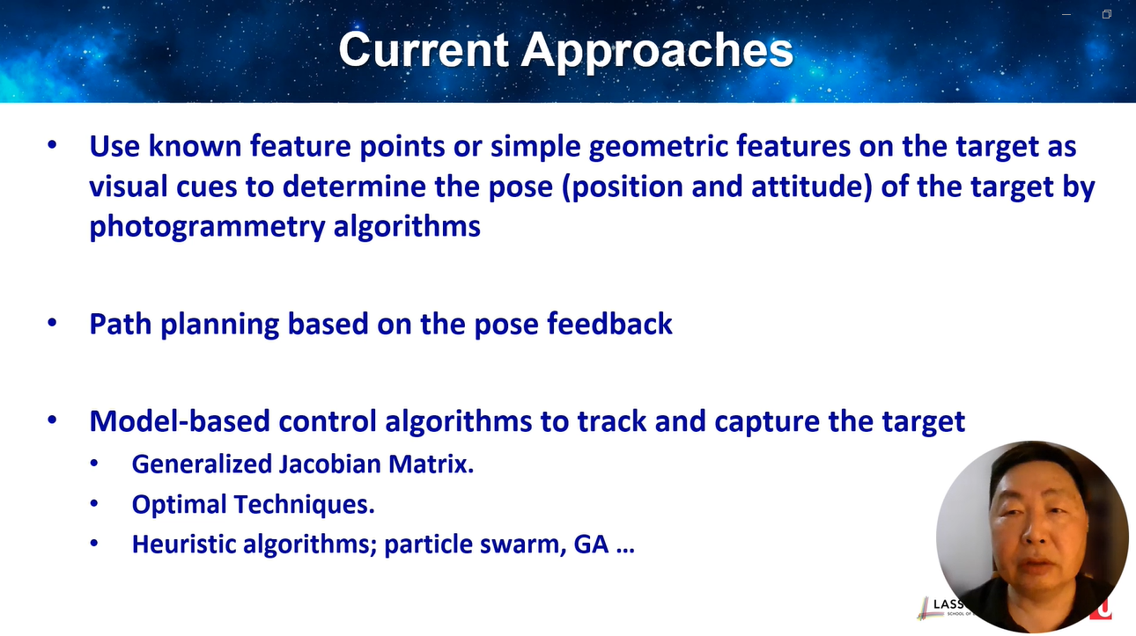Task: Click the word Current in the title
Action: pyautogui.click(x=424, y=49)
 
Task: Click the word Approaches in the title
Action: pyautogui.click(x=657, y=52)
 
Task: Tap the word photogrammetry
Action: pyautogui.click(x=207, y=227)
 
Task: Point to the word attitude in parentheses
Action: pyautogui.click(x=811, y=186)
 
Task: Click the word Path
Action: pyautogui.click(x=120, y=324)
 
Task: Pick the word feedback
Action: pyautogui.click(x=609, y=324)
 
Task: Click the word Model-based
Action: pyautogui.click(x=179, y=421)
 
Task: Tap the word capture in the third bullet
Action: pyautogui.click(x=767, y=422)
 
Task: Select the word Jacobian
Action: pyautogui.click(x=329, y=464)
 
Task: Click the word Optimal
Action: pyautogui.click(x=179, y=505)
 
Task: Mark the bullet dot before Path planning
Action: pyautogui.click(x=52, y=323)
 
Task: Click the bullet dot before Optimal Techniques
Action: pyautogui.click(x=94, y=503)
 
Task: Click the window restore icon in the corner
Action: pyautogui.click(x=1107, y=14)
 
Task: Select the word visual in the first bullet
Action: pyautogui.click(x=129, y=186)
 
